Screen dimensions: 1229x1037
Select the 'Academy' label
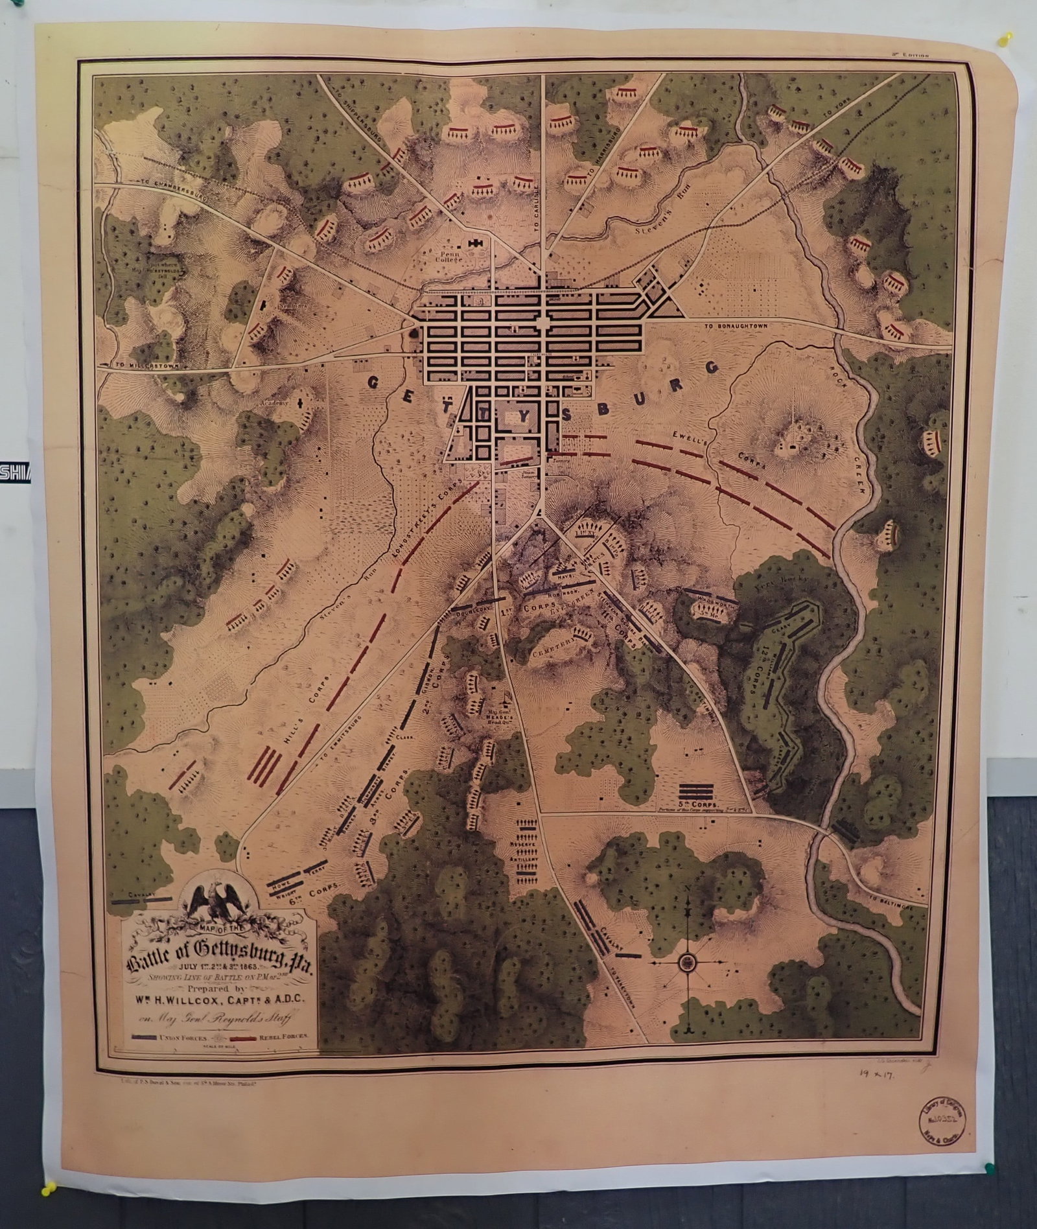tap(269, 403)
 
